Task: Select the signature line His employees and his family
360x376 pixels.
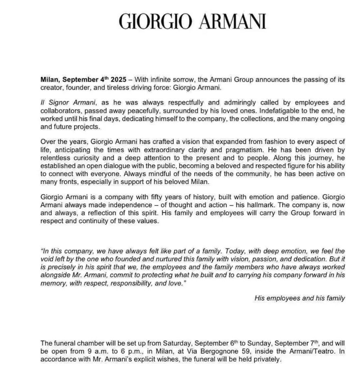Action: pos(299,298)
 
